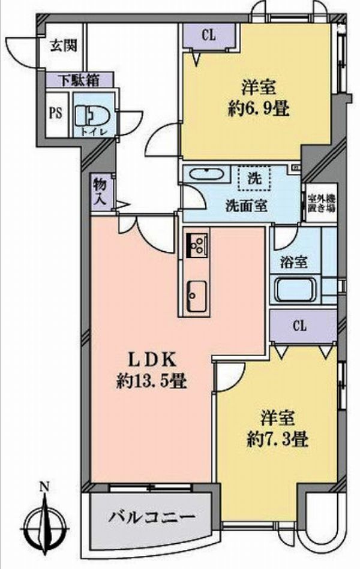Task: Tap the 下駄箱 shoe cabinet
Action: (x=80, y=80)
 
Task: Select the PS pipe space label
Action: (x=56, y=113)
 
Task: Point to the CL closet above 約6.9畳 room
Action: (x=209, y=35)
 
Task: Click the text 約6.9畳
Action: (x=259, y=109)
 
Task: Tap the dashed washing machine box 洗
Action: (x=254, y=178)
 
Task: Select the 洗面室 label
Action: (x=247, y=206)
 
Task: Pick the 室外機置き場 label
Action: (x=322, y=204)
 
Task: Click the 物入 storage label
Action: (x=100, y=192)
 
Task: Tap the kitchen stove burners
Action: (x=197, y=244)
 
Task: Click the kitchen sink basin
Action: (x=197, y=296)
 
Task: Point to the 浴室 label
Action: (x=294, y=263)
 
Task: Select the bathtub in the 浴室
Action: (x=295, y=290)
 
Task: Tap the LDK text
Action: (x=152, y=360)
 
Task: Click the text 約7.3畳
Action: (x=278, y=440)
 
